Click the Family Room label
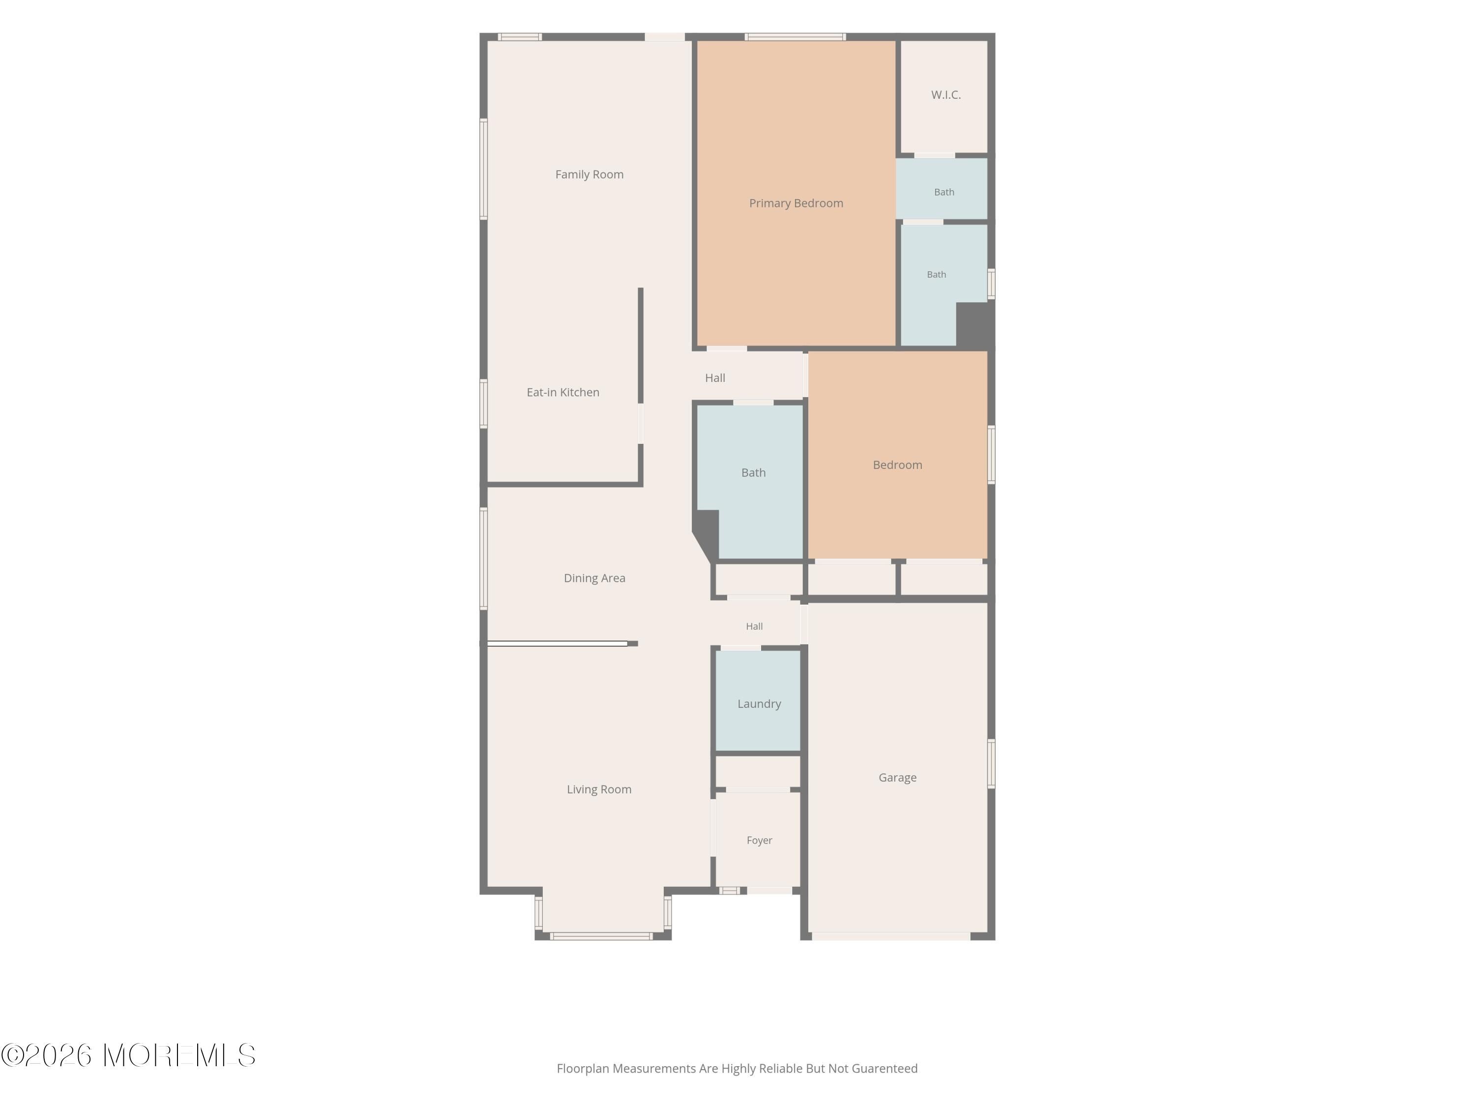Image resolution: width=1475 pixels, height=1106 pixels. pos(590,175)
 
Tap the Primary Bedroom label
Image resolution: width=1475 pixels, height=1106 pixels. pos(796,204)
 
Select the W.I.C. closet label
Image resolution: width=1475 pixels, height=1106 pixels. pos(945,95)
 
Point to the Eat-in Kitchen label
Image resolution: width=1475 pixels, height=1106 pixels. pos(563,392)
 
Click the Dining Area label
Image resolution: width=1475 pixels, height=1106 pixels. pos(594,578)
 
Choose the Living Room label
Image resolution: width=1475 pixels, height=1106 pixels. pos(599,789)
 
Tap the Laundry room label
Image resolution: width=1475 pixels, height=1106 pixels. pos(759,704)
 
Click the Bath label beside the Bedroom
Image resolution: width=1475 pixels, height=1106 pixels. pos(754,473)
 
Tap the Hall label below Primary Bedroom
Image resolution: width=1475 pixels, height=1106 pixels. pos(715,378)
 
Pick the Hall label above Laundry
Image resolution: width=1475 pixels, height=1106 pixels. pos(754,627)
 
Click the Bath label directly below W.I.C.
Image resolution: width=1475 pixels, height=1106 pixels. pos(944,192)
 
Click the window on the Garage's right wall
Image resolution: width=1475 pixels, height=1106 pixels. pos(992,764)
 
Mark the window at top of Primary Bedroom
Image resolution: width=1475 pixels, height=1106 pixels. pos(796,37)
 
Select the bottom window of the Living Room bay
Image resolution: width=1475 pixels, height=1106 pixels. pos(601,936)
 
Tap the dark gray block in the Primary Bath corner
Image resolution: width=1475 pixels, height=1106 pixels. pos(974,324)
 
